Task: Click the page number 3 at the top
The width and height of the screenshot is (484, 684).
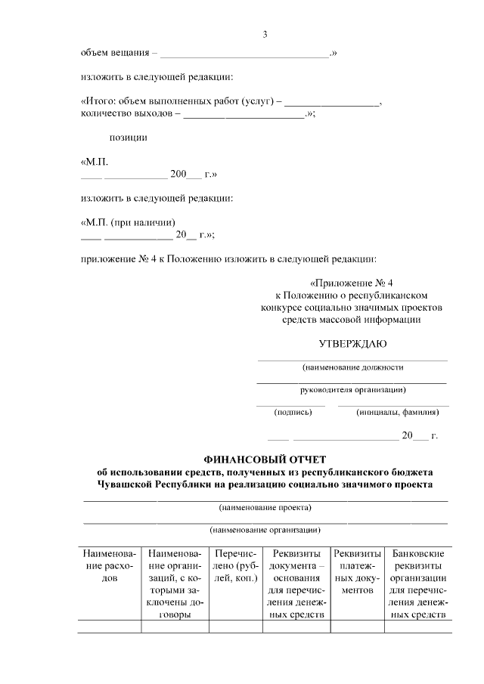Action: (x=265, y=34)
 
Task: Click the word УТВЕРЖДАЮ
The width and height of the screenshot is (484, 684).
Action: (x=352, y=344)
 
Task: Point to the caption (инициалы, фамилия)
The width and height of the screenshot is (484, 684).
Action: (x=397, y=413)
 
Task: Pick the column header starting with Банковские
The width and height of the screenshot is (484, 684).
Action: (x=419, y=583)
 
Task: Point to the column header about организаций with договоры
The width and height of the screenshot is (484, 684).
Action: (x=175, y=583)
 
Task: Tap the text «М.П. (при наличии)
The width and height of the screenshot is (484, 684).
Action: (x=129, y=223)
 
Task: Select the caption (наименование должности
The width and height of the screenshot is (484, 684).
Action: (x=352, y=367)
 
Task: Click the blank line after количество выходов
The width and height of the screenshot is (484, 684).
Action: (x=244, y=114)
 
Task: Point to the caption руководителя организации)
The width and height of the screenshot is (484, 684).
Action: (x=352, y=390)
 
